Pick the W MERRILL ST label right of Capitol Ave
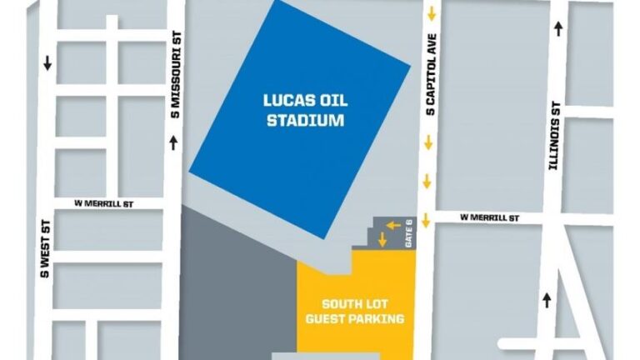click(x=490, y=218)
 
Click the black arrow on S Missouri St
click(x=173, y=143)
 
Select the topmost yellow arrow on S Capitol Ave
click(x=432, y=14)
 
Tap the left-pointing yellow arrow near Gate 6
click(x=393, y=225)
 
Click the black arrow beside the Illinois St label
click(x=557, y=29)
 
